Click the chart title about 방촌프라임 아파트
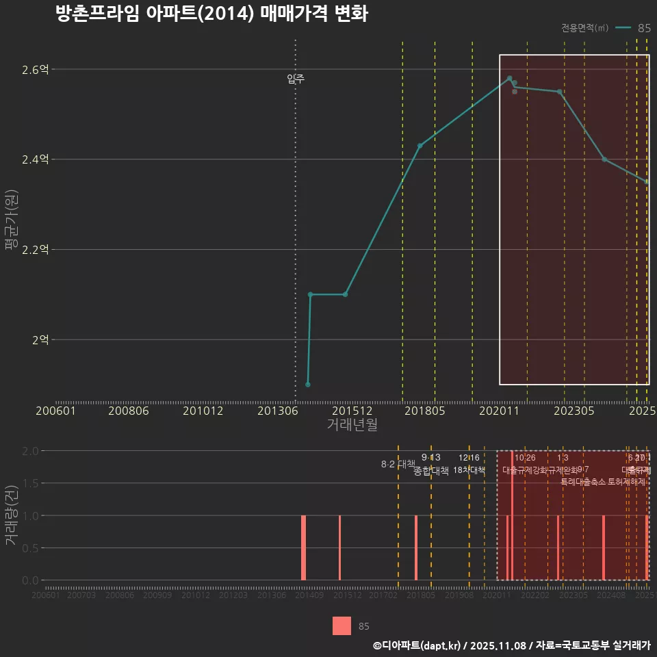click(x=212, y=14)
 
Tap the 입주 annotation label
click(x=296, y=79)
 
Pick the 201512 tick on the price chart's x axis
click(x=352, y=411)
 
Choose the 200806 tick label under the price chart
click(x=129, y=411)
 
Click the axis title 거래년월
click(x=352, y=424)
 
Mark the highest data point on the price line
click(x=509, y=78)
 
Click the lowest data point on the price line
click(x=308, y=385)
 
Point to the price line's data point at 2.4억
click(x=604, y=159)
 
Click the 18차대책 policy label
click(x=469, y=470)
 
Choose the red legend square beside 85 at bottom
click(x=342, y=626)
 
